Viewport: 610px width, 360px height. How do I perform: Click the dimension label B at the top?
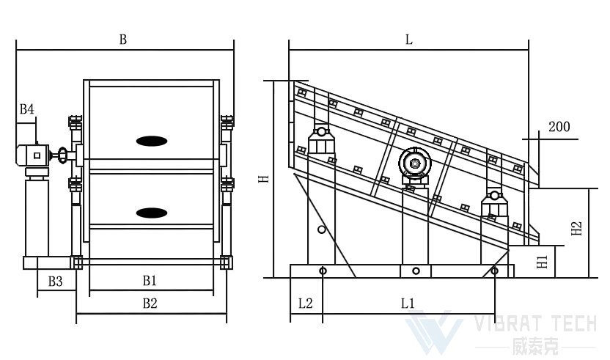coord(123,40)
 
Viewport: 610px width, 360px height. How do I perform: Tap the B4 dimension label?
coord(27,109)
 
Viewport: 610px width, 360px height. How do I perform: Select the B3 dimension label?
coord(55,281)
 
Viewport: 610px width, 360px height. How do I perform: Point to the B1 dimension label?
coord(150,280)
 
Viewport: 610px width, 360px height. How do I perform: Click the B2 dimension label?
coord(150,304)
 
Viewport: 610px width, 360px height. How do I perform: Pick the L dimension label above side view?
coord(409,40)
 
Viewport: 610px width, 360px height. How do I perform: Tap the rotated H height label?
coord(264,179)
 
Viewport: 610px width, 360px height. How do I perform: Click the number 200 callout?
coord(559,127)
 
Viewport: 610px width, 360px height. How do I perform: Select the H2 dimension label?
coord(576,229)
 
